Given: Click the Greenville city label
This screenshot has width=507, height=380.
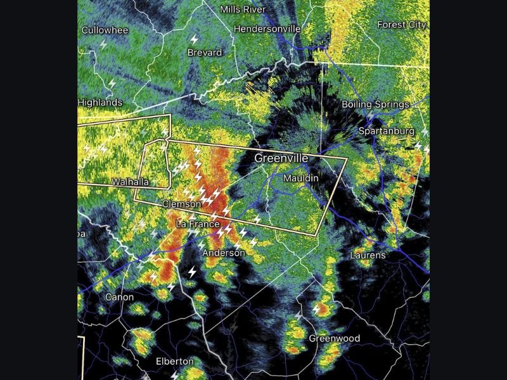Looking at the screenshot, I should click(x=281, y=158).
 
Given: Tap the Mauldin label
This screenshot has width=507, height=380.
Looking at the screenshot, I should click(x=300, y=179).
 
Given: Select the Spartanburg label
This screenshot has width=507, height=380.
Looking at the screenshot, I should click(x=386, y=131).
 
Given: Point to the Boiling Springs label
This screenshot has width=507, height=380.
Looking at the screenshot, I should click(x=375, y=104).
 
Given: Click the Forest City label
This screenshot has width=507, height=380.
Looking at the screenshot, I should click(x=402, y=25).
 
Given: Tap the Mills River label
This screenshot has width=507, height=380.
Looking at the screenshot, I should click(x=243, y=9).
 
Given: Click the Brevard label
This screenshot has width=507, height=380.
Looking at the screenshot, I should click(x=205, y=53).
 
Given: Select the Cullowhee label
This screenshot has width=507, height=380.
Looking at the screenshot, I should click(x=105, y=30).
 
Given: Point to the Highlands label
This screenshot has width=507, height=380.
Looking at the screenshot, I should click(x=100, y=103).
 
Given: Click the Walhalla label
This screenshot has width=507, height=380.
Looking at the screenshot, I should click(x=130, y=182).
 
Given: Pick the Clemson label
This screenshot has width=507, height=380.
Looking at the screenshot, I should click(x=182, y=204).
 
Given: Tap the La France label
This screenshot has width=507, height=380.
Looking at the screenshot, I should click(x=197, y=224).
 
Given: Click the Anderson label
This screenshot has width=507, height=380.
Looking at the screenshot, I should click(x=223, y=253).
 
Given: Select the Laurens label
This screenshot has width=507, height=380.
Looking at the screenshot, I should click(x=368, y=255).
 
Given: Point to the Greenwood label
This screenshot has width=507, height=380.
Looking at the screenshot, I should click(x=334, y=338).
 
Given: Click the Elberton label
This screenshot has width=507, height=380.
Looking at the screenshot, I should click(x=174, y=361).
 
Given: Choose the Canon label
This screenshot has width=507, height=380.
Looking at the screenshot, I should click(x=119, y=296).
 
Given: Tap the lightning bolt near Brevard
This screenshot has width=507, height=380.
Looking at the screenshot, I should click(x=195, y=39).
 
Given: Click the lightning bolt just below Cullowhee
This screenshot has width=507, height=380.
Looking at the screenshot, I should click(x=104, y=44).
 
